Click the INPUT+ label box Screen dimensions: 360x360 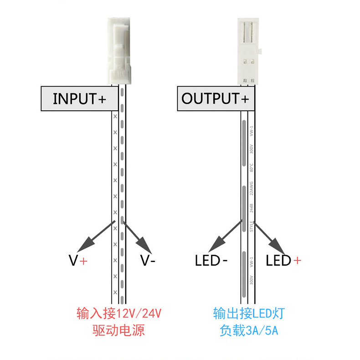click(x=80, y=98)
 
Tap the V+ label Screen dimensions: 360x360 click(x=77, y=261)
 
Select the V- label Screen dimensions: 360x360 click(x=148, y=261)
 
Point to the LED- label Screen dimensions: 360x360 click(x=211, y=261)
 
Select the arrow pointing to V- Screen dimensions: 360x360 click(x=138, y=236)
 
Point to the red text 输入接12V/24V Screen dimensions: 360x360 click(x=119, y=314)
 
